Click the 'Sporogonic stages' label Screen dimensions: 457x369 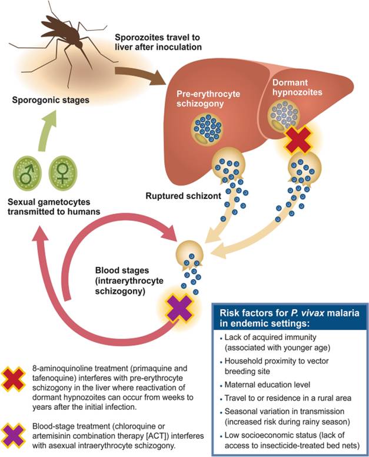pos(51,100)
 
